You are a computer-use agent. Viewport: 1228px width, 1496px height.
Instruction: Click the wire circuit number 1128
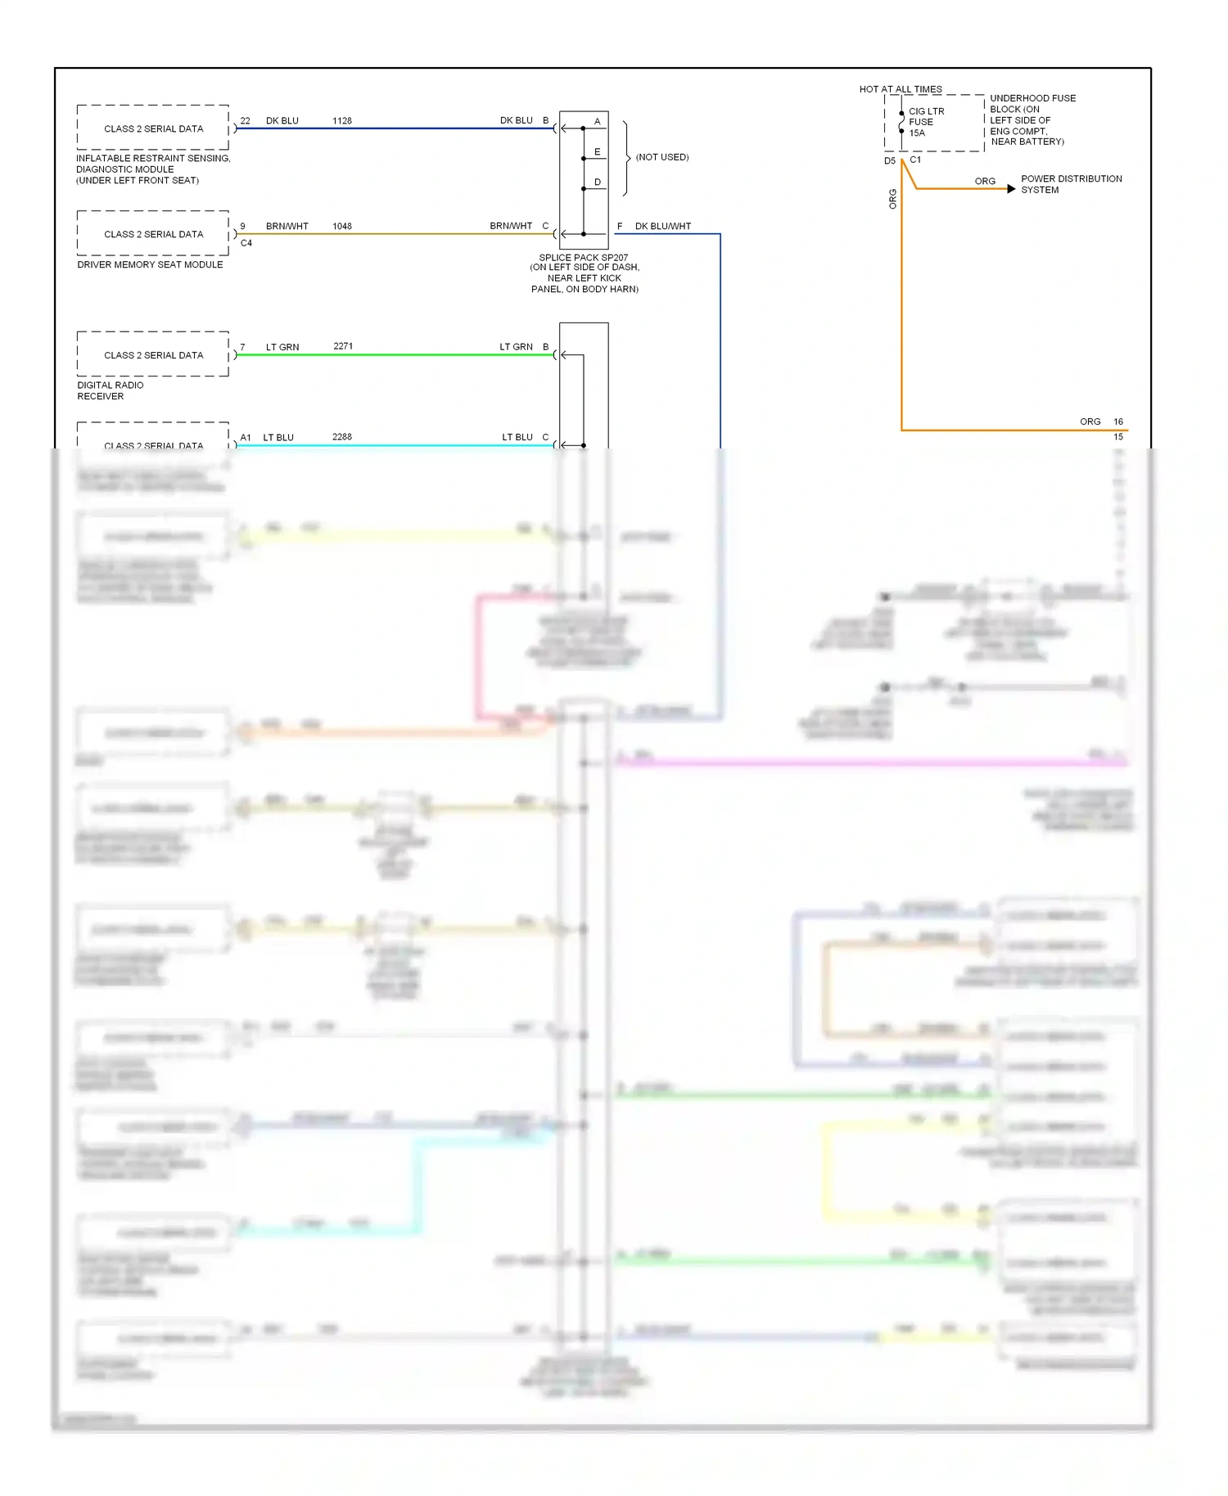pos(342,121)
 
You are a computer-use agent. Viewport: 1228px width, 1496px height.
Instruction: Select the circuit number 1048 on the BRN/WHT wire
pos(342,227)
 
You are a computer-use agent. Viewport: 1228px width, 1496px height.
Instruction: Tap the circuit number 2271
pos(343,347)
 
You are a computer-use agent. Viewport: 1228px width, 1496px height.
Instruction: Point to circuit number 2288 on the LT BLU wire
pos(342,437)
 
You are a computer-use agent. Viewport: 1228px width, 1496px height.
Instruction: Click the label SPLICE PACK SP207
pos(583,258)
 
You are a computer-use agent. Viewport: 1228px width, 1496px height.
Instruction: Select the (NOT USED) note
pos(662,157)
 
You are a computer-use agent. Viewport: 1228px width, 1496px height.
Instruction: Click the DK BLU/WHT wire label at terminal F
pos(662,227)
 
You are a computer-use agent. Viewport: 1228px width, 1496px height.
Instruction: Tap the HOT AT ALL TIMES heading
pos(901,89)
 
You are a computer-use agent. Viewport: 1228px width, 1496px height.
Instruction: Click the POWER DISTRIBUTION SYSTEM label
pos(1071,184)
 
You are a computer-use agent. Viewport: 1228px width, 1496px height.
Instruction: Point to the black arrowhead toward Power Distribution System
pos(1012,189)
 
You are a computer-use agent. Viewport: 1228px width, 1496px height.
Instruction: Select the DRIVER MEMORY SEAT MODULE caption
pos(150,265)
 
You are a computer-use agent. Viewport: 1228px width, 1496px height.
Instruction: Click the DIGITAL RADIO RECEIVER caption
pos(110,390)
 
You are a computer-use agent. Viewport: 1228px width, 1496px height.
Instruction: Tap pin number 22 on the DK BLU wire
pos(245,121)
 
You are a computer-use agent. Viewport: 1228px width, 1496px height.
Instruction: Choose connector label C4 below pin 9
pos(246,243)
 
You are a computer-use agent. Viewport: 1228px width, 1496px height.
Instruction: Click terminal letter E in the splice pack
pos(598,152)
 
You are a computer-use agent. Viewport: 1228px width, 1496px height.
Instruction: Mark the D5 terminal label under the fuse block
pos(889,161)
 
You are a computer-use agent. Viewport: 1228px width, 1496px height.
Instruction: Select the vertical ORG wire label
pos(893,199)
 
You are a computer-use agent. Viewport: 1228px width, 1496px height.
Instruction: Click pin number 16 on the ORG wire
pos(1118,422)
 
